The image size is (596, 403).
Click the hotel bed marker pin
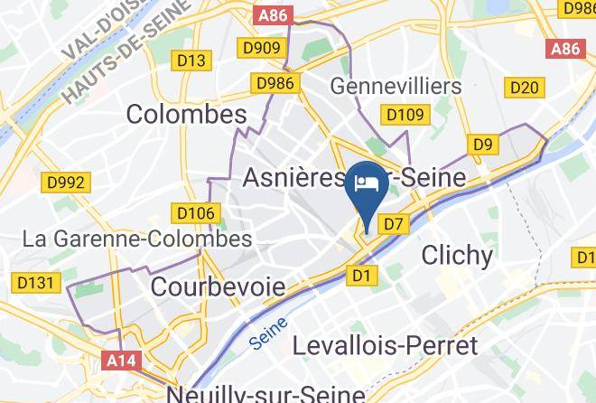coord(368,185)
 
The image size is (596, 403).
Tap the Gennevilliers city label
coord(396,87)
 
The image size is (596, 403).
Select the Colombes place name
coord(187,114)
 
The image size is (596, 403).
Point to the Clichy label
coord(457,256)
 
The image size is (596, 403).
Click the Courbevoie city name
coord(219,287)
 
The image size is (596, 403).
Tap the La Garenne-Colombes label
coord(138,239)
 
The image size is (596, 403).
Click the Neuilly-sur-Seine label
coord(265,394)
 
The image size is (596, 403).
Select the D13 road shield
coord(191,61)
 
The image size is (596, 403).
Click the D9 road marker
coord(484,145)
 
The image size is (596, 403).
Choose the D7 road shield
coord(394,222)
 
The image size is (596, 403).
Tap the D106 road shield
coord(196,213)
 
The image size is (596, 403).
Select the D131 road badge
coord(36,283)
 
